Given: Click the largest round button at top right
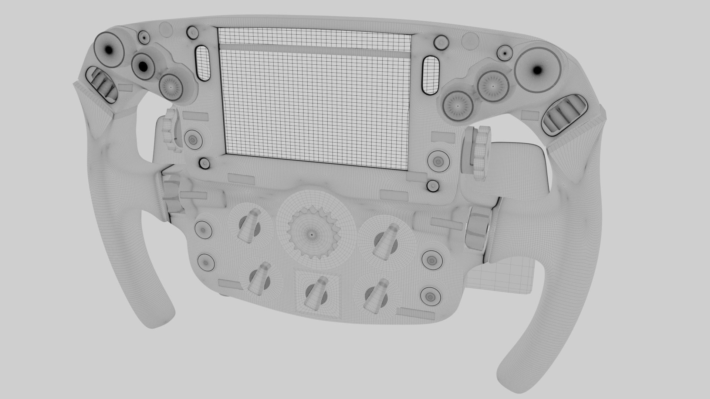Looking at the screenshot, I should [537, 70].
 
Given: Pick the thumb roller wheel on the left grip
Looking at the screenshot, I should [102, 85].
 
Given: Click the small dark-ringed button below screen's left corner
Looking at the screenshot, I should [204, 163].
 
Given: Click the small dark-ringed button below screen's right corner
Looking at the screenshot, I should [432, 185].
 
